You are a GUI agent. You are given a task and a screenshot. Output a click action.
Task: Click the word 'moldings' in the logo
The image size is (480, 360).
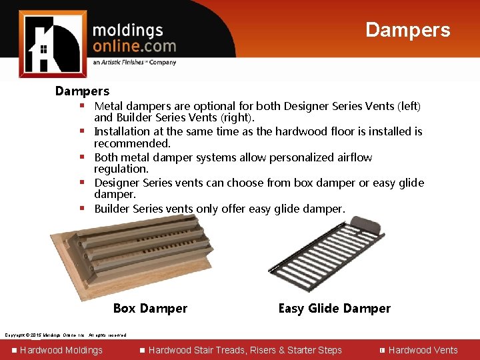(127, 31)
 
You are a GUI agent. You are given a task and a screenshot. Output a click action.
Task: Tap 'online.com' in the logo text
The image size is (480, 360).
(134, 46)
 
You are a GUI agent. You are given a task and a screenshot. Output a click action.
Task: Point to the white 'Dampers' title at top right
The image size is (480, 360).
(407, 30)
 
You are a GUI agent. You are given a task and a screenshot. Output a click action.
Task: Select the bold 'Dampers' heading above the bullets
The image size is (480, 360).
(82, 91)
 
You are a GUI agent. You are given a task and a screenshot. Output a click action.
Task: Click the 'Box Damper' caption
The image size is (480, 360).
(150, 308)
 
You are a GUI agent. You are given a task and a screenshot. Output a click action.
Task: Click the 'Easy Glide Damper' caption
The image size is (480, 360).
(334, 308)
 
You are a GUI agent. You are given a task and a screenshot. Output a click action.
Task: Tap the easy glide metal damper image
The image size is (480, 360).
(323, 257)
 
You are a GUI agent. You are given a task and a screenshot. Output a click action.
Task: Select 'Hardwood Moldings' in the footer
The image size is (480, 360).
(61, 350)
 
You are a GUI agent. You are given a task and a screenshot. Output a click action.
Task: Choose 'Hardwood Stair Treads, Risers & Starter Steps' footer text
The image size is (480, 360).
(245, 350)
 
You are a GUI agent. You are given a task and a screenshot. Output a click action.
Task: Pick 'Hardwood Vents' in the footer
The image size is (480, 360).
(423, 350)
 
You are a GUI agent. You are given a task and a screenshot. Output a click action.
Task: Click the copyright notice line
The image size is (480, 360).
(65, 335)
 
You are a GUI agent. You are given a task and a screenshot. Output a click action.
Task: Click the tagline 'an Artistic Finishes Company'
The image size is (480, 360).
(135, 63)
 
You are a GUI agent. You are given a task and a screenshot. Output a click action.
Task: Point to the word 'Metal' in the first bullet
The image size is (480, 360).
(108, 106)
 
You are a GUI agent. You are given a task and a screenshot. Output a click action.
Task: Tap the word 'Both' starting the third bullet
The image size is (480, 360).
(107, 157)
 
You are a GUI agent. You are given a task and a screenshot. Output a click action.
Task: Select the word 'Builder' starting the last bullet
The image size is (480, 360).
(112, 209)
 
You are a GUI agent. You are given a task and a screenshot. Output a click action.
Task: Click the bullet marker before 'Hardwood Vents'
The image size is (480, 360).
(382, 350)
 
